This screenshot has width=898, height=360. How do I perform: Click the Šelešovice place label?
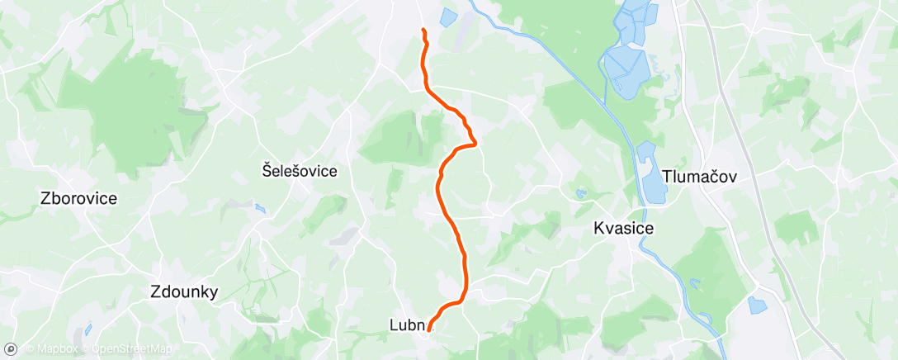coord(300,171)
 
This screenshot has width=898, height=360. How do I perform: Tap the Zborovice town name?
coord(78,198)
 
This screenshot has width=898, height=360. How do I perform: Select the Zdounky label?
coord(184,291)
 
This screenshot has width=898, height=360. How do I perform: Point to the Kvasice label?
coord(624,229)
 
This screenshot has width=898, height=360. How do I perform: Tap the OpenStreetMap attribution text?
coord(131,348)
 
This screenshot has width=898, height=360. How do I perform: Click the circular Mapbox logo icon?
coord(12,348)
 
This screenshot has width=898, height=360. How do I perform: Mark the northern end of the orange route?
coord(423,31)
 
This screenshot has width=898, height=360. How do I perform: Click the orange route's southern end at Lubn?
coord(429,331)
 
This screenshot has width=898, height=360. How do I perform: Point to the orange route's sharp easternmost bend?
coord(476,144)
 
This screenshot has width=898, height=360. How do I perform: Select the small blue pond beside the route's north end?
coord(447,17)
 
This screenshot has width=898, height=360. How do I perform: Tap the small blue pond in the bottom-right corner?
coord(757,305)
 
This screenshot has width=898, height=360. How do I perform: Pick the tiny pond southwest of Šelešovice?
coord(261,209)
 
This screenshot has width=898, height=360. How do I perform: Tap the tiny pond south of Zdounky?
coord(88,329)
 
